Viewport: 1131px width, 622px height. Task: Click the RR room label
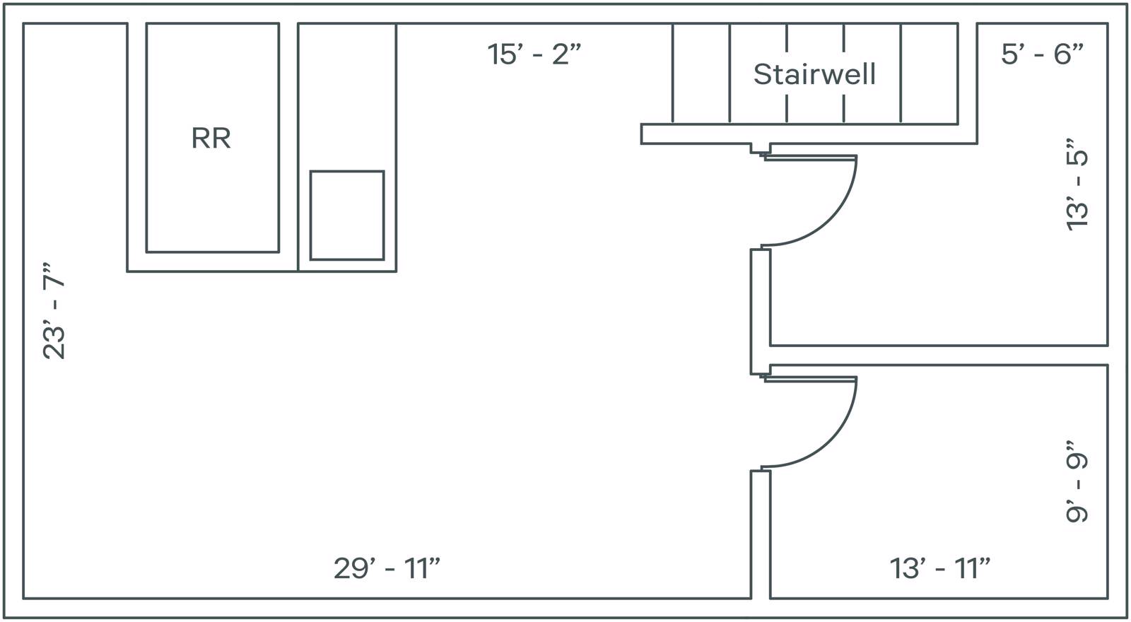(211, 138)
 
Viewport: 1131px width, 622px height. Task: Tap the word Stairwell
(814, 74)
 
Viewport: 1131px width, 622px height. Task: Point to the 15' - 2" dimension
(534, 54)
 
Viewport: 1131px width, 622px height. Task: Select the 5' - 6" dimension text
(1042, 54)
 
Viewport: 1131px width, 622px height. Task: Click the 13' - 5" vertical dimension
(1077, 184)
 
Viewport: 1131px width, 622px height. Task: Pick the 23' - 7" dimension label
(54, 310)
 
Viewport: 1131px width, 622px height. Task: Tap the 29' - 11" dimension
(387, 568)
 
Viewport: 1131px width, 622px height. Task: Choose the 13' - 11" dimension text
(939, 568)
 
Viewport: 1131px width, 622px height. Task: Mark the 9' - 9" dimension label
(1077, 481)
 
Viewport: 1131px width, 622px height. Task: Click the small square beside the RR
(347, 216)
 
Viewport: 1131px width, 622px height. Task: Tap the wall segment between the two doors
(761, 312)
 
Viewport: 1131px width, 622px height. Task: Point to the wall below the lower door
(761, 534)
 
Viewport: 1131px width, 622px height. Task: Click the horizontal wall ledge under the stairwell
(809, 134)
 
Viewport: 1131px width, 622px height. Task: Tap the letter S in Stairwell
(763, 74)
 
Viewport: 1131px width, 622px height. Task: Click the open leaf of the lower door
(811, 379)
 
